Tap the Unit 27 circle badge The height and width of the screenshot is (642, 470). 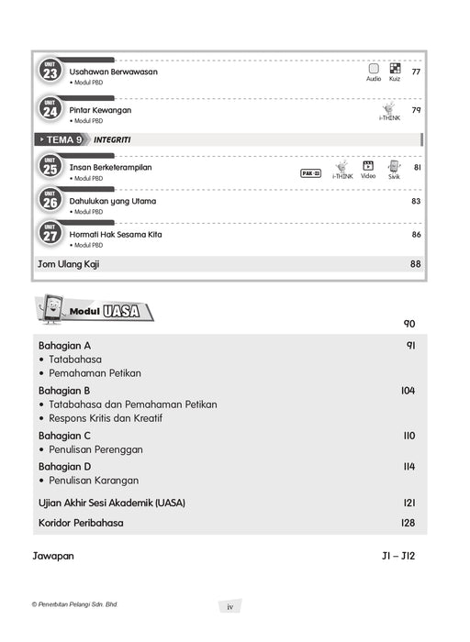(49, 236)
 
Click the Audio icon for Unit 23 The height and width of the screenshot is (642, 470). (374, 69)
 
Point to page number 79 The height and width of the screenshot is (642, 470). (416, 110)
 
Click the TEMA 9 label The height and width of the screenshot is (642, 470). (65, 139)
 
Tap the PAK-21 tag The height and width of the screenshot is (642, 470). (311, 172)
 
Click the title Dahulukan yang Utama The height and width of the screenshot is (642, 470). (113, 201)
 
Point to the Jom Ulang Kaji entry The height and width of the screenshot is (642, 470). (66, 264)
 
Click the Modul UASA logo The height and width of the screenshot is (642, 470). (95, 312)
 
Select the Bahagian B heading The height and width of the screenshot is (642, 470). (64, 391)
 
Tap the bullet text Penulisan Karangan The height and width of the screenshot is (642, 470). (95, 480)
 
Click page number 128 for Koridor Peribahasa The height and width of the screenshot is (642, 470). (408, 524)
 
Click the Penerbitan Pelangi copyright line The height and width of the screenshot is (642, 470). (75, 604)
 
